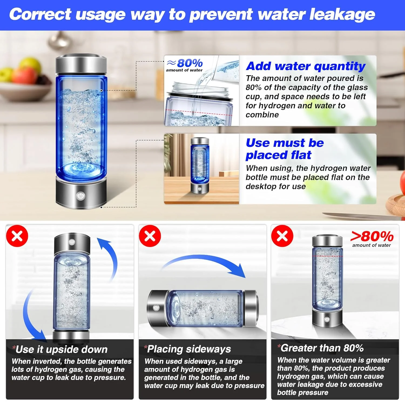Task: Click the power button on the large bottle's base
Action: (x=80, y=195)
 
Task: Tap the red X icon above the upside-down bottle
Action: (x=17, y=236)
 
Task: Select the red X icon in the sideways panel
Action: (x=150, y=236)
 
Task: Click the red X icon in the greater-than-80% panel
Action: (x=282, y=236)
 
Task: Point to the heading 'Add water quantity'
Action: (x=306, y=66)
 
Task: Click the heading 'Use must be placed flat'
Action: (x=285, y=149)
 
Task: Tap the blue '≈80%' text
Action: (x=185, y=63)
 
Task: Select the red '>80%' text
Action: (x=372, y=237)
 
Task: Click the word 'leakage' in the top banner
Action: (x=342, y=14)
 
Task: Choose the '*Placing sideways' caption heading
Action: (x=188, y=349)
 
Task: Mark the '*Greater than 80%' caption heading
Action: (x=321, y=348)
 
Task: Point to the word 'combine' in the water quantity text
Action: (x=262, y=115)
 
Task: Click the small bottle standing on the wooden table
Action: (x=200, y=165)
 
